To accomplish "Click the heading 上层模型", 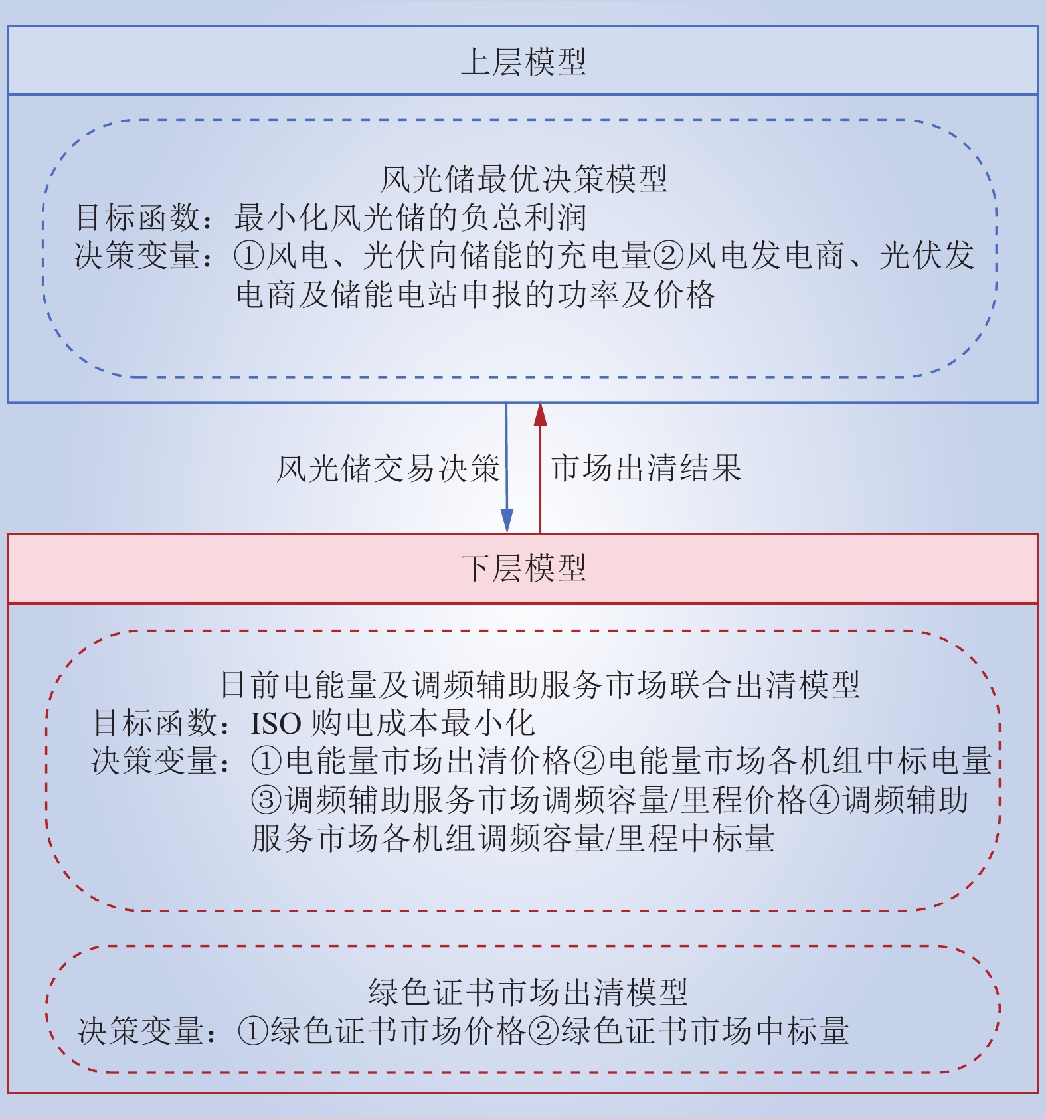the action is (523, 62).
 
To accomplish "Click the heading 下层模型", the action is (523, 568).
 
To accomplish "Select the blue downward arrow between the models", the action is (507, 468).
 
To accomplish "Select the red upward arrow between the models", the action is (540, 468).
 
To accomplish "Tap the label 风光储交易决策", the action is (388, 469).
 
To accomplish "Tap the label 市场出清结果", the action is (646, 468).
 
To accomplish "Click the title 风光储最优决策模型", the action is (523, 179).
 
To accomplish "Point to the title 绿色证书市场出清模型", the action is (528, 992).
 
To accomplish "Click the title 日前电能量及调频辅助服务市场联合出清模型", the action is (540, 685).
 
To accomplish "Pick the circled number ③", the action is (267, 800).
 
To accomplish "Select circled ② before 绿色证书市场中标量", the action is (545, 1031).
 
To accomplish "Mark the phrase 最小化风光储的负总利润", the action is (410, 218).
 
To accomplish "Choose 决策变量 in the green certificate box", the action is (141, 1031).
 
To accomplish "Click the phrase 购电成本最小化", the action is (423, 723).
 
